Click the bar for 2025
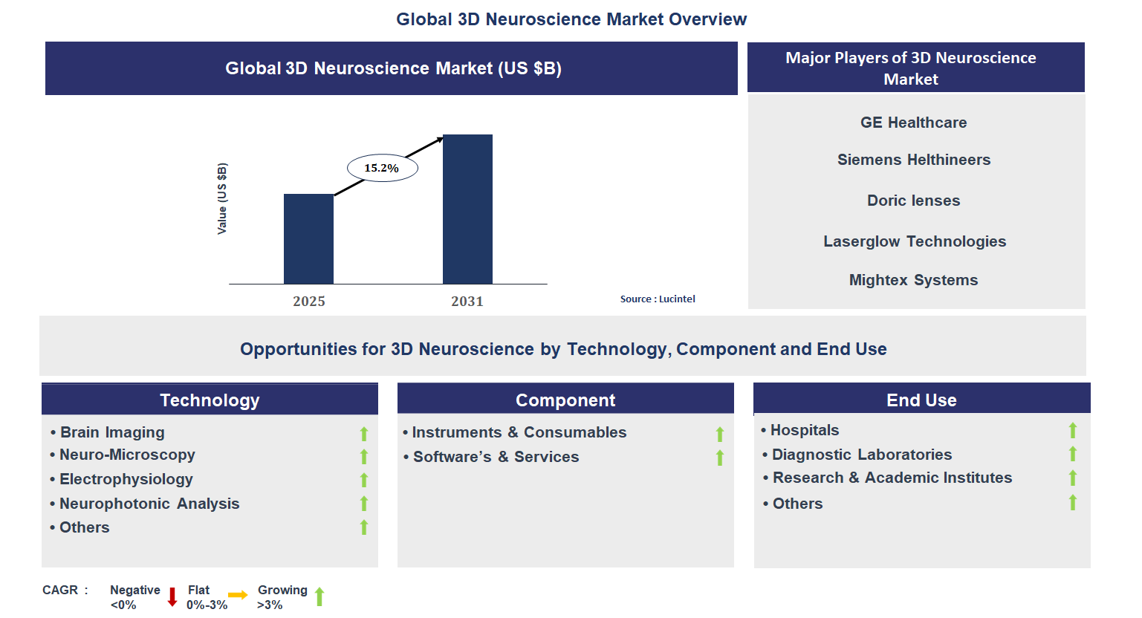click(308, 238)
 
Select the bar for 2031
click(467, 209)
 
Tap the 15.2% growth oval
click(382, 168)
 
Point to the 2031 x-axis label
click(467, 301)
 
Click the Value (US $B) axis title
click(222, 198)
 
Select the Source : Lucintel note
click(658, 299)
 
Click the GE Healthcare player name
click(913, 123)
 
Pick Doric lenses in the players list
click(913, 201)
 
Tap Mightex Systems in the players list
click(913, 280)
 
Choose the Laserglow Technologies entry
click(915, 241)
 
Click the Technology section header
click(210, 400)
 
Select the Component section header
click(565, 400)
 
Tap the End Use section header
click(921, 400)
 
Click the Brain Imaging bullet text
click(112, 432)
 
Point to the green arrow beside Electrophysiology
click(364, 480)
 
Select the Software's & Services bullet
click(496, 457)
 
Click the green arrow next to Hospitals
click(1073, 430)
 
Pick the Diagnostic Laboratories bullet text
click(862, 455)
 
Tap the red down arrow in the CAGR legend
click(172, 596)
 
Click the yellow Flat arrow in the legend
click(238, 595)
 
